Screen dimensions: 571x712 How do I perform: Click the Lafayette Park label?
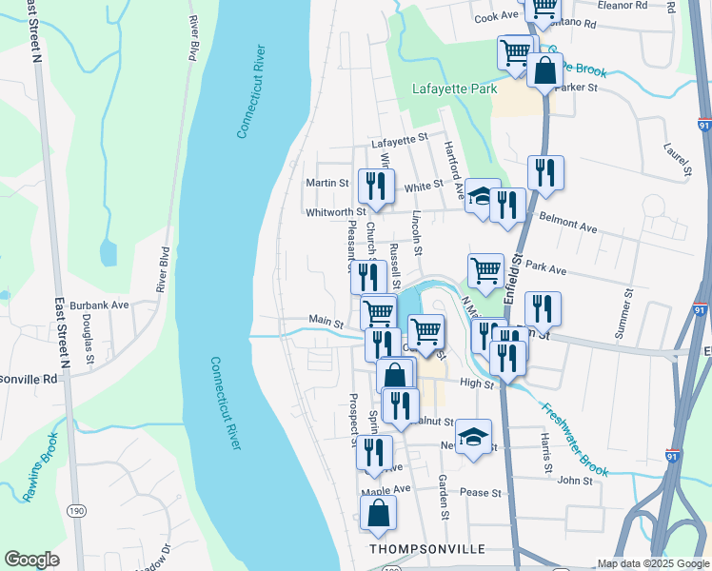455,89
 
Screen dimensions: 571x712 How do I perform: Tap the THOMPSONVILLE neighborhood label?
427,550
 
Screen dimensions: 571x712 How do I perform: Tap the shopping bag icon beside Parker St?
544,71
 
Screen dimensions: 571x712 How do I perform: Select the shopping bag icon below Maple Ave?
379,514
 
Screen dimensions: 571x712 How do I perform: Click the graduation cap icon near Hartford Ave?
483,196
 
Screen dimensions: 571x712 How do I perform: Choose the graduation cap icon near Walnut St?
473,437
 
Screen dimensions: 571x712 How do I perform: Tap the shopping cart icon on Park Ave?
485,271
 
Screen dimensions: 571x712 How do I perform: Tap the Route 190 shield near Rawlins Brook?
74,511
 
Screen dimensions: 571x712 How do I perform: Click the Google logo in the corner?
31,560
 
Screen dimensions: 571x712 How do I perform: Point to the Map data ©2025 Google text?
652,563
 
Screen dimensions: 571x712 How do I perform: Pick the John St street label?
575,482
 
